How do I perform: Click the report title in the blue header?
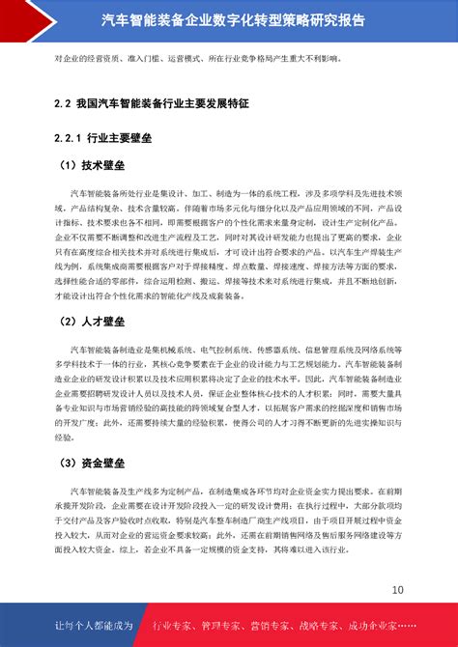(x=228, y=17)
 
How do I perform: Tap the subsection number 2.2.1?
(x=69, y=135)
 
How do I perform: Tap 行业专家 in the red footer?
(x=175, y=626)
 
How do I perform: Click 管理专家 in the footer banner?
(x=227, y=626)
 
